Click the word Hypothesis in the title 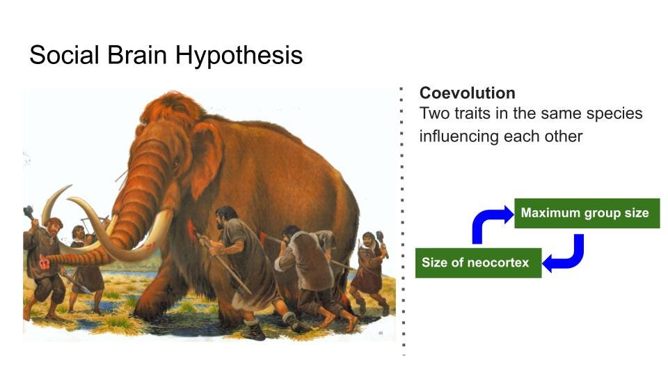239,56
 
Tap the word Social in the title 64,55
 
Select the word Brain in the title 137,55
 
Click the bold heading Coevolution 468,93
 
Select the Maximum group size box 587,213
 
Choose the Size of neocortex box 479,263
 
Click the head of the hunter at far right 368,239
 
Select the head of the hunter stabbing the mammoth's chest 225,217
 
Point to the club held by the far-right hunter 382,242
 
